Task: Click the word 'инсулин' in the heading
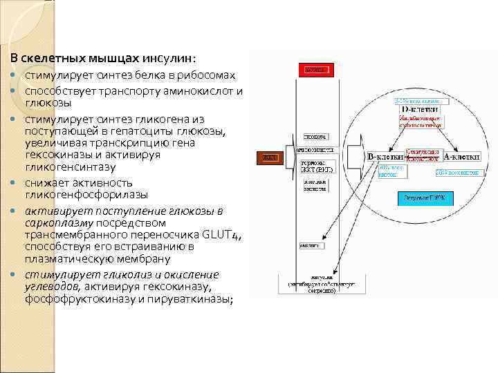click(x=167, y=58)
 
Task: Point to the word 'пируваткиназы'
click(x=196, y=298)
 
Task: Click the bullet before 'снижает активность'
click(x=15, y=183)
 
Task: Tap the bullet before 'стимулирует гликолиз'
click(x=15, y=275)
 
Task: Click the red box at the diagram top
click(x=315, y=70)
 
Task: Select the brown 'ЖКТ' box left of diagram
click(x=269, y=157)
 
